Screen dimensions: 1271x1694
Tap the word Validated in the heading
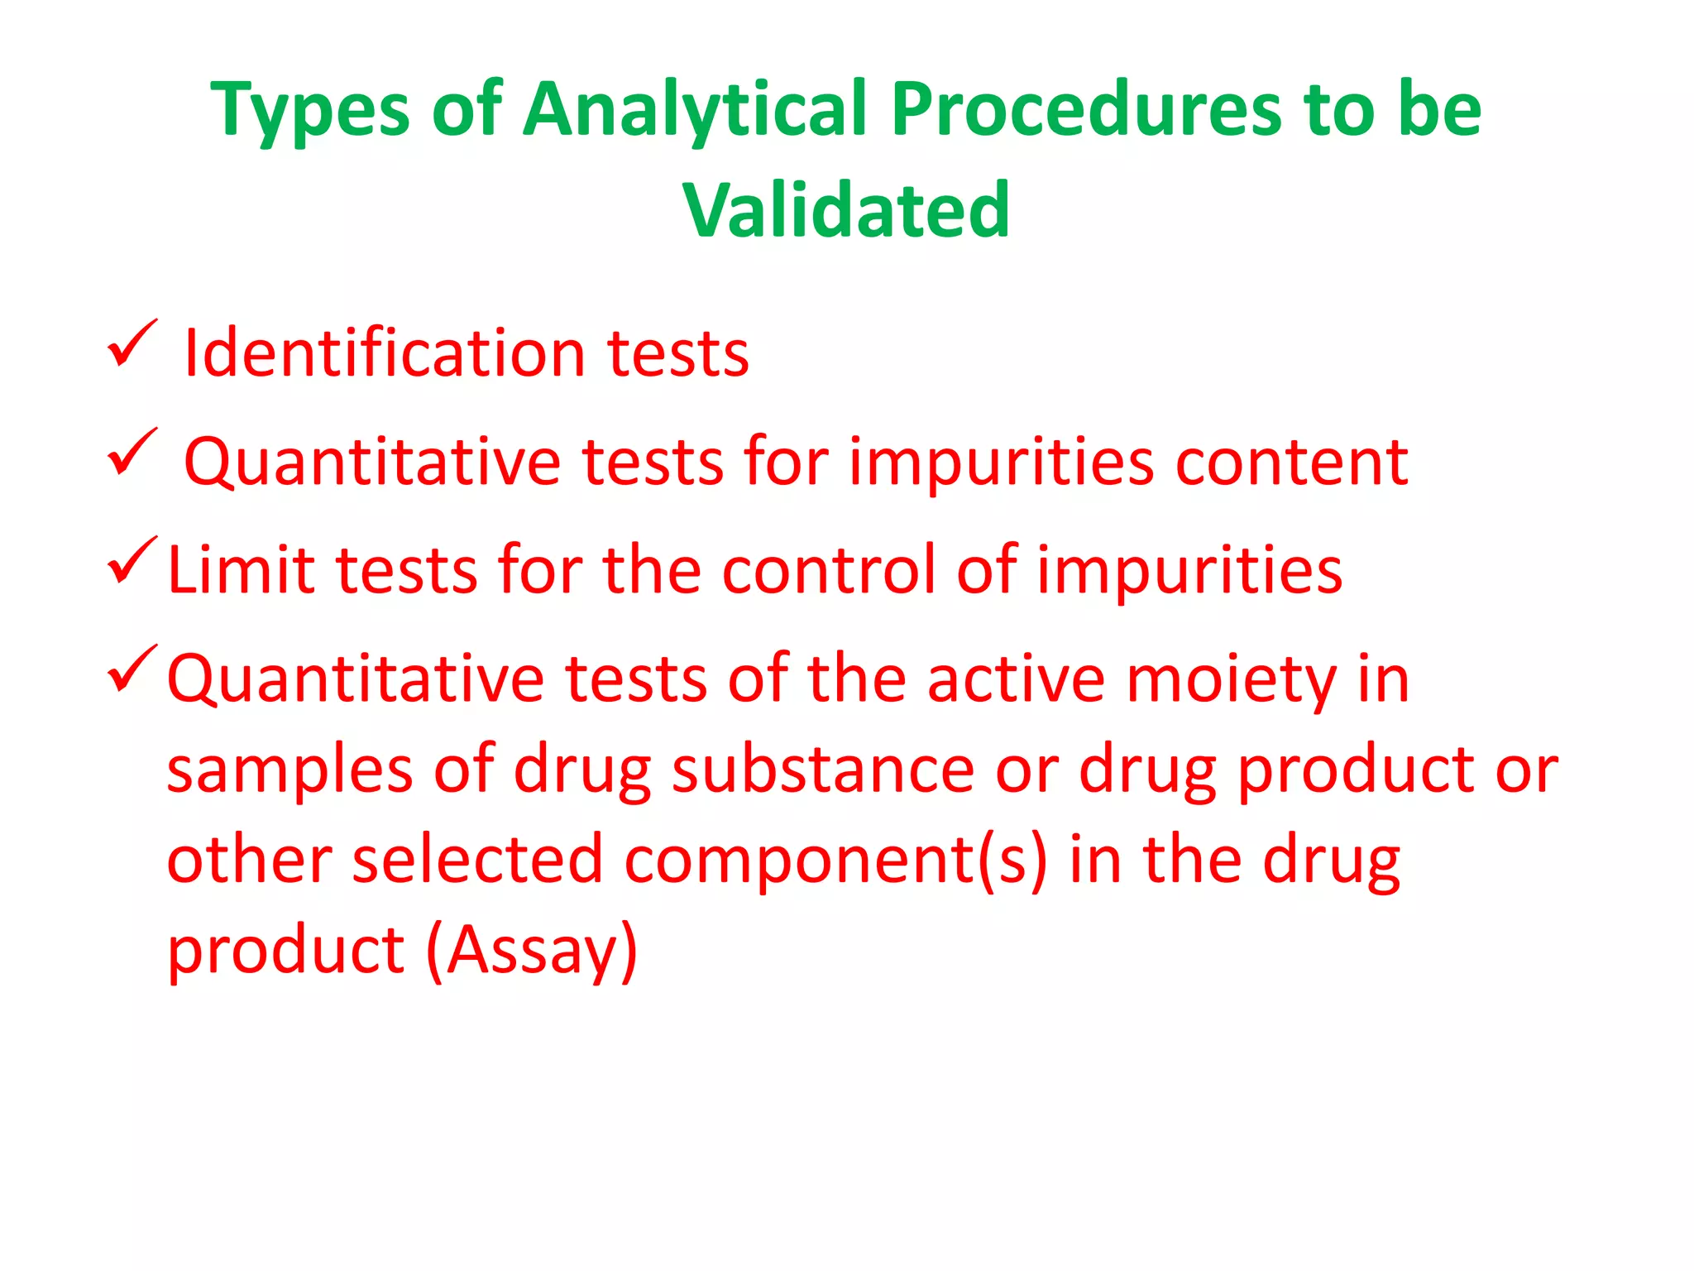point(846,210)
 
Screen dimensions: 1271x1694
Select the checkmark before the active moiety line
point(132,669)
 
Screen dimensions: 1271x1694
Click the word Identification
point(384,353)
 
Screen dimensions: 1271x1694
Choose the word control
point(828,570)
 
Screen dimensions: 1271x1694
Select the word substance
point(823,770)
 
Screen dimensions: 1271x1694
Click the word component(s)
point(835,861)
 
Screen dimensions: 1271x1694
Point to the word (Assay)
point(532,951)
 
